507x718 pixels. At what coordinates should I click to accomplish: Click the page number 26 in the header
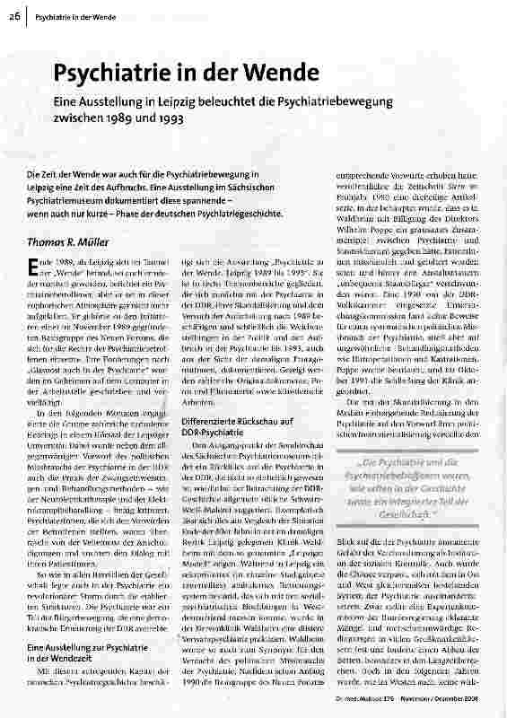[x=17, y=16]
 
